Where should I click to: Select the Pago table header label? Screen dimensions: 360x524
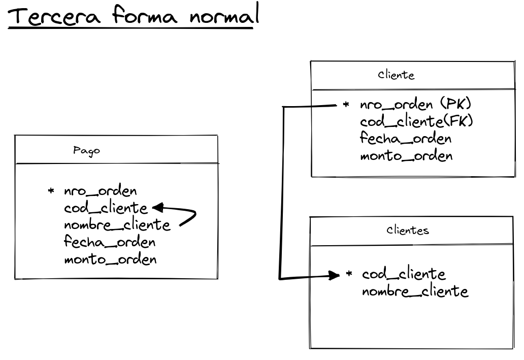(x=86, y=150)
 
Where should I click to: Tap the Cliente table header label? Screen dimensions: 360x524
(x=396, y=76)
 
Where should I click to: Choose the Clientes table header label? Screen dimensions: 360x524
(x=407, y=230)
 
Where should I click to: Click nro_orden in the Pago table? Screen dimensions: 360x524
(x=101, y=191)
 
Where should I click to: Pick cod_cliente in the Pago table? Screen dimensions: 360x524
(x=106, y=208)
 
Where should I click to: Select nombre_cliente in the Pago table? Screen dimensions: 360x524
(x=117, y=224)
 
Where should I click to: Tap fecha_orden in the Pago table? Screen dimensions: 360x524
(x=110, y=242)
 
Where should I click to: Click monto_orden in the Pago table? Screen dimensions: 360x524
(x=110, y=259)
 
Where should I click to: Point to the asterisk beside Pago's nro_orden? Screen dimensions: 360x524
(x=51, y=191)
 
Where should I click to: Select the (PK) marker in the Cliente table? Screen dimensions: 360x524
(x=455, y=105)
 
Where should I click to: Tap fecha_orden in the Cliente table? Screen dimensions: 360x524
(x=406, y=138)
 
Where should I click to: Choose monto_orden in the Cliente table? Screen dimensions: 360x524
(x=406, y=155)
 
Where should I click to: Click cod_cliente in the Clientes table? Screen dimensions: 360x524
(x=404, y=274)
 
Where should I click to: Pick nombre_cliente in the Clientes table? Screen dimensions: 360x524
(x=415, y=291)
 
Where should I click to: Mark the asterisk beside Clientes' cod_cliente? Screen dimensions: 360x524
(x=349, y=274)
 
